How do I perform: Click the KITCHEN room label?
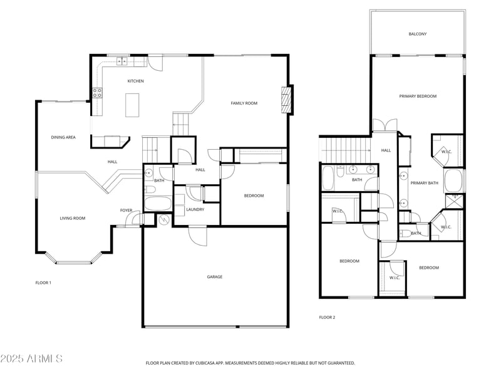pyautogui.click(x=135, y=81)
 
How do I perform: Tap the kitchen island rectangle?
pyautogui.click(x=132, y=105)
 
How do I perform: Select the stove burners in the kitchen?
pyautogui.click(x=98, y=93)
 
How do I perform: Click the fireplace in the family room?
pyautogui.click(x=287, y=100)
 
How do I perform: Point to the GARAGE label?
pyautogui.click(x=214, y=277)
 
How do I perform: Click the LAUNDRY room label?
pyautogui.click(x=195, y=210)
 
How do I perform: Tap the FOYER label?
pyautogui.click(x=126, y=211)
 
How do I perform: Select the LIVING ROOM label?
pyautogui.click(x=73, y=218)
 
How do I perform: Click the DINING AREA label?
pyautogui.click(x=63, y=137)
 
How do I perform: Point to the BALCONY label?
pyautogui.click(x=417, y=34)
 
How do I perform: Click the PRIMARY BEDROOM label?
pyautogui.click(x=418, y=97)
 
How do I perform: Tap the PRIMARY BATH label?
pyautogui.click(x=424, y=183)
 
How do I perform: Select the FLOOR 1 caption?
pyautogui.click(x=43, y=283)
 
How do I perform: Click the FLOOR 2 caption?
pyautogui.click(x=327, y=318)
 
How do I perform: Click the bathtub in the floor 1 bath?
pyautogui.click(x=158, y=203)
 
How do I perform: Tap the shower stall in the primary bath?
pyautogui.click(x=454, y=201)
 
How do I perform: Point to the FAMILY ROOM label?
pyautogui.click(x=244, y=103)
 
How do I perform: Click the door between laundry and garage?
pyautogui.click(x=197, y=236)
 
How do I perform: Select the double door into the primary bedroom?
pyautogui.click(x=385, y=125)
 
